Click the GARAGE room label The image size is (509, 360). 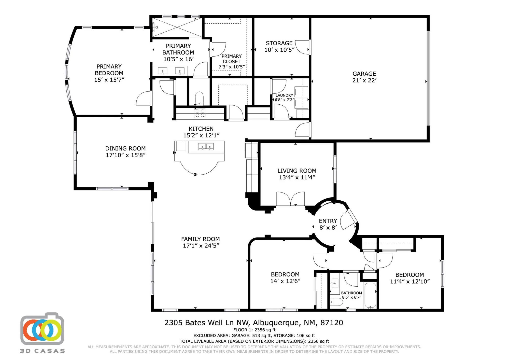[364, 74]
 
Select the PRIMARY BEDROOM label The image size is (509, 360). [109, 70]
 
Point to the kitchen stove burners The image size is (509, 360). [200, 113]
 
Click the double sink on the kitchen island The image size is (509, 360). [206, 147]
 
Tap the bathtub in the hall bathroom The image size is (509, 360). [370, 295]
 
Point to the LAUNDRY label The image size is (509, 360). [284, 95]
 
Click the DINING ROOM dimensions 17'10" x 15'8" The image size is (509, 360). [125, 155]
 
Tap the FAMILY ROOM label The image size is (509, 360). [200, 239]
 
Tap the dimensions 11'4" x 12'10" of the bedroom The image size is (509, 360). [410, 282]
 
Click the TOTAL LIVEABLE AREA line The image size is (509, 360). [254, 341]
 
